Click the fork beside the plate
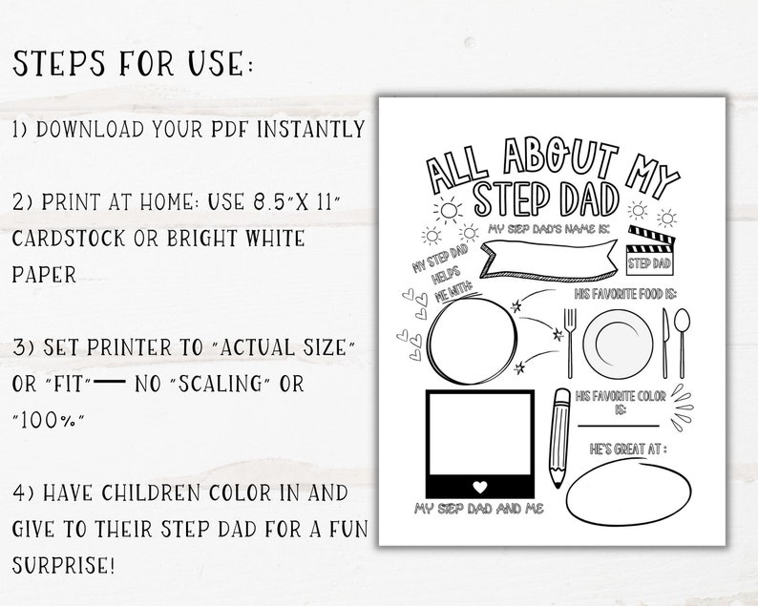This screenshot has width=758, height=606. [569, 342]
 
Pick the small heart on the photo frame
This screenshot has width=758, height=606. [480, 482]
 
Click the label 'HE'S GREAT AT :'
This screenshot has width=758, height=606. [626, 449]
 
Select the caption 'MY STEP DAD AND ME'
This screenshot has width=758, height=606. [478, 510]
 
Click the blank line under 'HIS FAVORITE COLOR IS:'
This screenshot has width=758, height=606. [618, 424]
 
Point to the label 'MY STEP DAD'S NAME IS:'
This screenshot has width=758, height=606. [543, 229]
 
